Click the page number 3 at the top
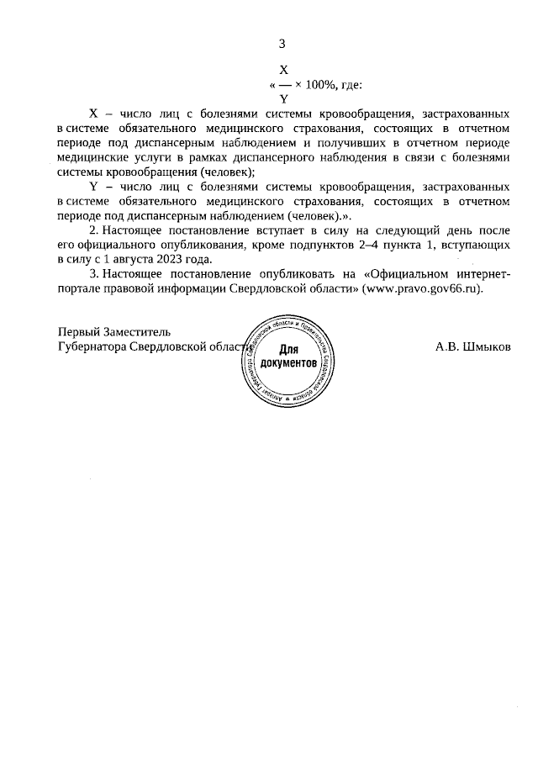(x=282, y=44)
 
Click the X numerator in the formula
(x=283, y=71)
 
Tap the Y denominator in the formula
(x=283, y=98)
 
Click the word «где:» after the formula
(x=352, y=84)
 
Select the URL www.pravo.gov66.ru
(x=423, y=288)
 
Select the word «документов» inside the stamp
(x=288, y=364)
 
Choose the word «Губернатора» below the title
(x=87, y=346)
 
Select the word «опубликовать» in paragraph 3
(x=282, y=273)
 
